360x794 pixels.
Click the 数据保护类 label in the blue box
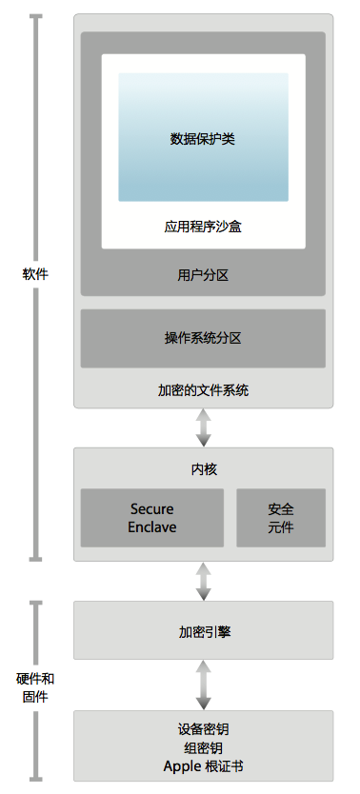(x=203, y=139)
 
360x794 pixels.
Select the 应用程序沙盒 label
(x=203, y=228)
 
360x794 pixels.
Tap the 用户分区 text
(x=203, y=275)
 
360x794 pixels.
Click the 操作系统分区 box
(x=203, y=338)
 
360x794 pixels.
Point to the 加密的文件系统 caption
(x=203, y=390)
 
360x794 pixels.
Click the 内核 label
(x=203, y=469)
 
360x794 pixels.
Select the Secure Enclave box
(x=152, y=518)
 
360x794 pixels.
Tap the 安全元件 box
(x=281, y=518)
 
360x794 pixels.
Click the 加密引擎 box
(x=203, y=630)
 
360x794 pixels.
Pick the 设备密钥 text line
(x=203, y=729)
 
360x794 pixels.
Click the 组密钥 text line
(x=203, y=748)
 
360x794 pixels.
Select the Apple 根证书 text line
(x=203, y=767)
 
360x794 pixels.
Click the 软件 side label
(x=35, y=274)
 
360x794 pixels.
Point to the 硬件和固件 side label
(x=35, y=687)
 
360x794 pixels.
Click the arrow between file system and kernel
(x=203, y=427)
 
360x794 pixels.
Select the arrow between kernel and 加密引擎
(x=203, y=581)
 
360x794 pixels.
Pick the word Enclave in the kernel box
(x=152, y=527)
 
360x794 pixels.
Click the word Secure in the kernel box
(x=152, y=509)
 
